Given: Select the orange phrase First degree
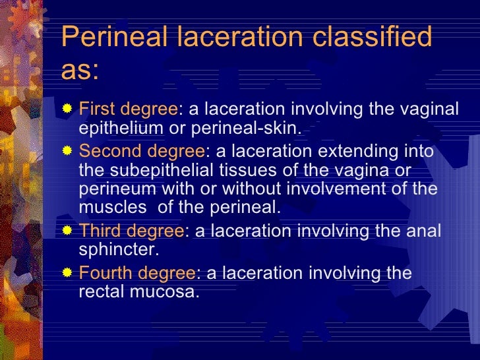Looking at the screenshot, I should pos(127,109).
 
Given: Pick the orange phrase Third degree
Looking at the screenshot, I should pos(131,231).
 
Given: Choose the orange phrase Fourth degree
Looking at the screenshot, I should pos(136,273).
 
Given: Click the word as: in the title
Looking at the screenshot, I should pos(80,71).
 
